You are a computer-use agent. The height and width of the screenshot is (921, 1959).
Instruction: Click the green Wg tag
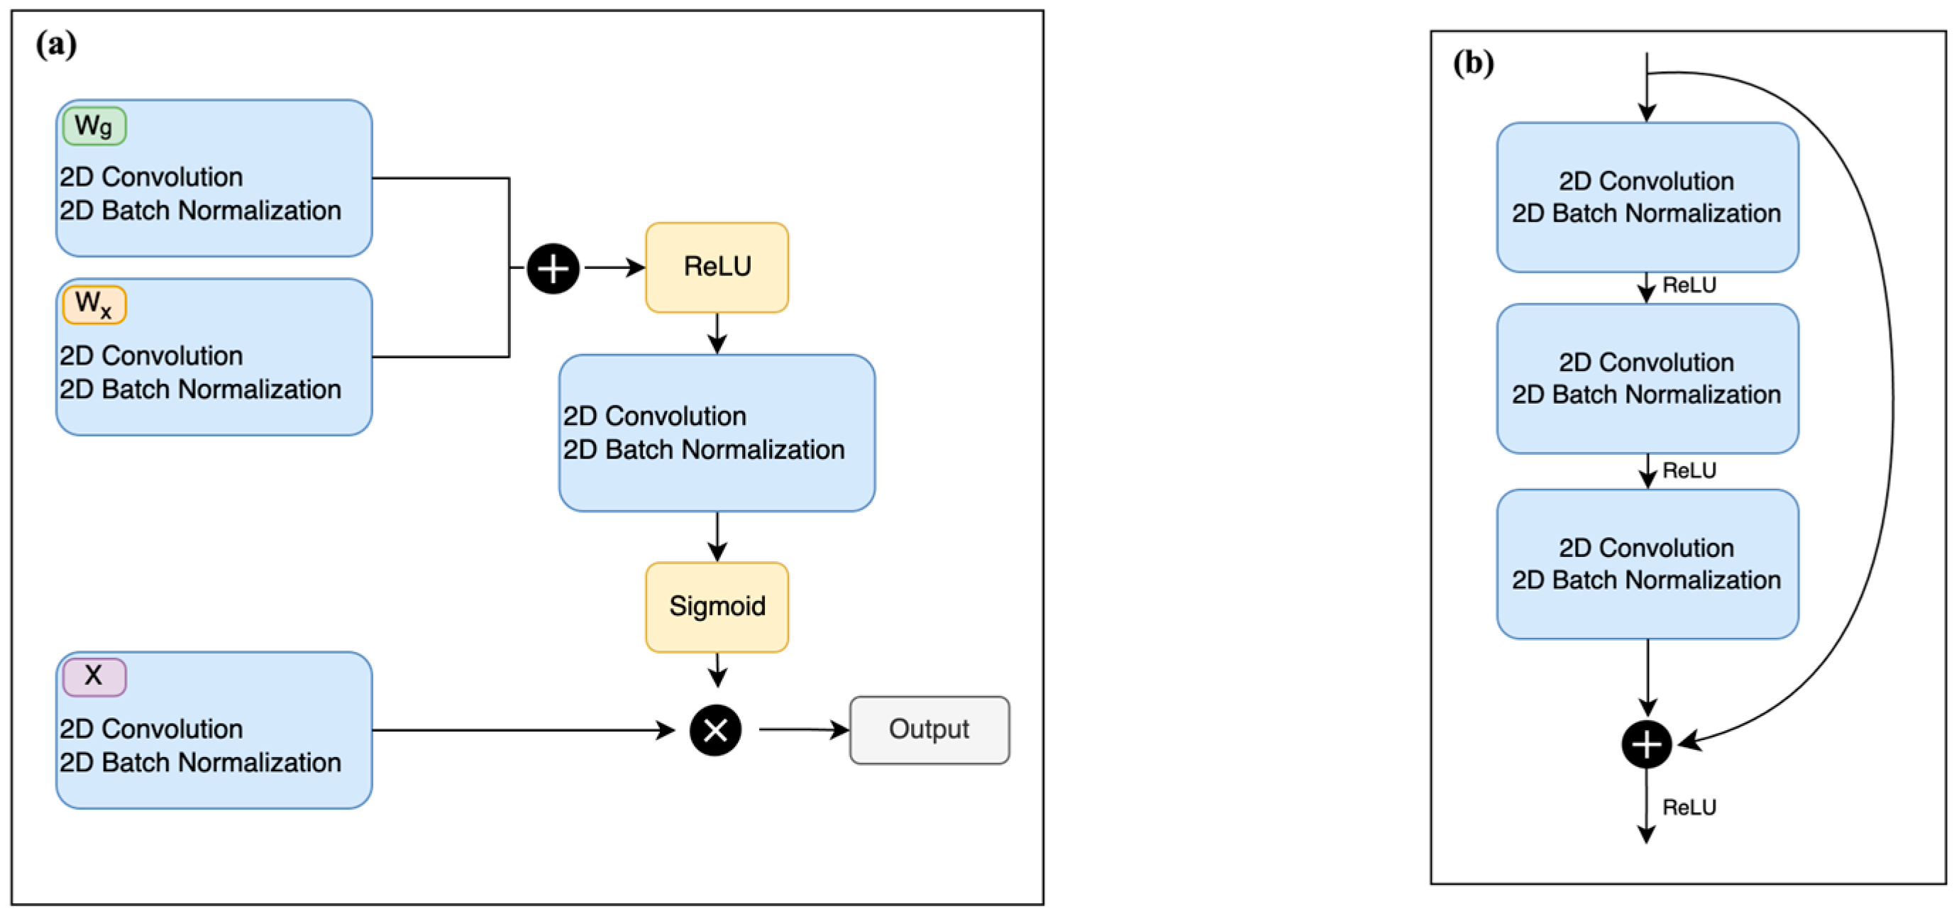[94, 126]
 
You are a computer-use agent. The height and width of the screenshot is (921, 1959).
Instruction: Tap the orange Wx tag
[94, 304]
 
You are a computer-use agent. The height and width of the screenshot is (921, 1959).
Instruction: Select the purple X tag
[94, 676]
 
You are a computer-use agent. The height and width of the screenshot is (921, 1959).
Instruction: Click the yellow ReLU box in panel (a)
[717, 267]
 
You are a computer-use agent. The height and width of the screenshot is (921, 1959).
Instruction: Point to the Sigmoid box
[717, 606]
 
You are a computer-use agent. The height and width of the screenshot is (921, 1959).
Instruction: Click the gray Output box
[929, 729]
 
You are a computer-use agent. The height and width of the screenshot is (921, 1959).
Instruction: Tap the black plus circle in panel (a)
[553, 268]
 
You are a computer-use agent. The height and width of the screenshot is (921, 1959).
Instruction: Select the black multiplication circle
[715, 730]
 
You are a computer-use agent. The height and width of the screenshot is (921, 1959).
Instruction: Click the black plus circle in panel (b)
[1645, 743]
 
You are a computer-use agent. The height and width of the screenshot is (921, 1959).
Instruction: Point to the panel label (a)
[55, 44]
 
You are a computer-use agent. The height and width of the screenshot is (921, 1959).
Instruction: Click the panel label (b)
[1472, 62]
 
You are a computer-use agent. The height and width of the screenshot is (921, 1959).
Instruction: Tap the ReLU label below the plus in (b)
[1688, 807]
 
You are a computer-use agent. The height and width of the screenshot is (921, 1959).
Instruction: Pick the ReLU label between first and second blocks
[1688, 285]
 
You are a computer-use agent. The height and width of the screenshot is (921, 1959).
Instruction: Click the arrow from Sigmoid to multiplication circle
[717, 670]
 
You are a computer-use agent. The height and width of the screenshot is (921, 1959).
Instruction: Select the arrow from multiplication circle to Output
[803, 729]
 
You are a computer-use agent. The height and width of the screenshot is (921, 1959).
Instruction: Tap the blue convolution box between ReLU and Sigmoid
[717, 432]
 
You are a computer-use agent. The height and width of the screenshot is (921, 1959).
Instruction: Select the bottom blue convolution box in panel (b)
[1646, 563]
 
